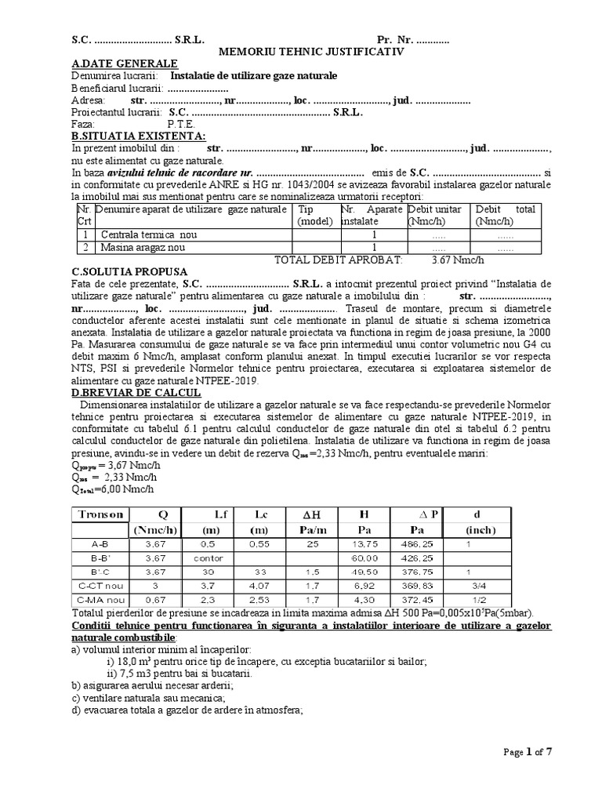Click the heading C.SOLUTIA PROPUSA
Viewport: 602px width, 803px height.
129,271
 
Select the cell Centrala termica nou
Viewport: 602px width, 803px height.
147,234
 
